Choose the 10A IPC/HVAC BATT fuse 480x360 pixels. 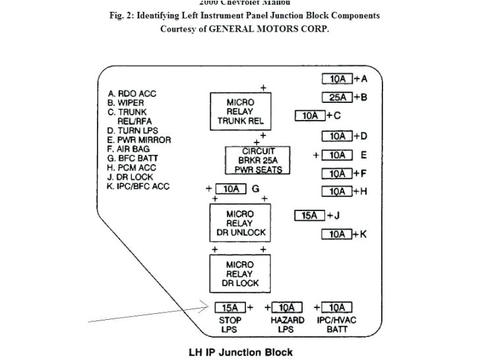336,307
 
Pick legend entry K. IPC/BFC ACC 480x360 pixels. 138,187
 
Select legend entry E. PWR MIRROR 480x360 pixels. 139,140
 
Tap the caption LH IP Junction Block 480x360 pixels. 241,352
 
